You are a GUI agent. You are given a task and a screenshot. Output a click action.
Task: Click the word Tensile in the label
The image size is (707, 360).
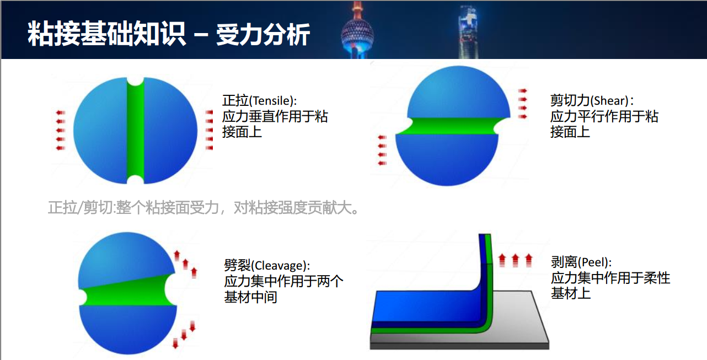[x=272, y=101]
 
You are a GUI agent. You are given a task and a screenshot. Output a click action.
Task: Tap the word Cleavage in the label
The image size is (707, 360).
[x=280, y=266]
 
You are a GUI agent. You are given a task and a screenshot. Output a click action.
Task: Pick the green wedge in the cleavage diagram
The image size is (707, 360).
[x=126, y=292]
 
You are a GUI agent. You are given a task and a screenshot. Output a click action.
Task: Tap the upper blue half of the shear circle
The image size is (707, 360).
[x=458, y=93]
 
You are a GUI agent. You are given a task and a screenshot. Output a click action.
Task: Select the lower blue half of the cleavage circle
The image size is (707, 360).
[x=128, y=328]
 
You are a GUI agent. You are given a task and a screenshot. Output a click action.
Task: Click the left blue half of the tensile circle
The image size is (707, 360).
[x=101, y=130]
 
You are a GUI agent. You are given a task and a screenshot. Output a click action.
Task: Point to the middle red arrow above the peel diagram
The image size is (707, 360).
[x=516, y=260]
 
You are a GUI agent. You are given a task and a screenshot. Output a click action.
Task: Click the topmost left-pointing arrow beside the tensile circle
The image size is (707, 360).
[x=60, y=112]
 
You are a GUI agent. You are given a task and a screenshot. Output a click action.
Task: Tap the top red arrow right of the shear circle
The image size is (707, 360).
[x=523, y=91]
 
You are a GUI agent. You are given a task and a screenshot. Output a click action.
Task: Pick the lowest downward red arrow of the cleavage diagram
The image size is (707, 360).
[x=175, y=343]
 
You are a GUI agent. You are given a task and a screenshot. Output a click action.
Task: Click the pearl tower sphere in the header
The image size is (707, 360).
[x=357, y=34]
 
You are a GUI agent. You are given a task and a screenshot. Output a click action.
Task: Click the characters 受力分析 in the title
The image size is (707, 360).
[x=263, y=35]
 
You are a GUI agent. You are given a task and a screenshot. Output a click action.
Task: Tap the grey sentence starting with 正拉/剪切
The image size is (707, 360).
[x=203, y=208]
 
